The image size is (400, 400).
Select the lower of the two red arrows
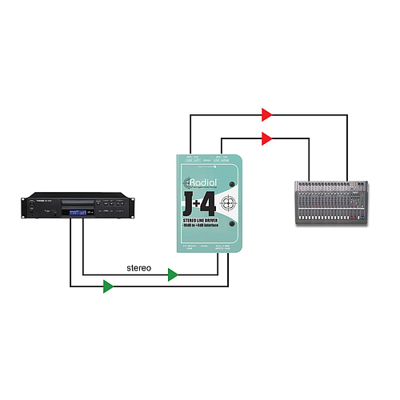(x=266, y=138)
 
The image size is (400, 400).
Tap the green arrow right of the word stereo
(x=172, y=275)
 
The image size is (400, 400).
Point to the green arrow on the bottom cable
(x=108, y=286)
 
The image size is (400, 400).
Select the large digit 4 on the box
(x=210, y=198)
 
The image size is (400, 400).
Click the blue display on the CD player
(x=82, y=212)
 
